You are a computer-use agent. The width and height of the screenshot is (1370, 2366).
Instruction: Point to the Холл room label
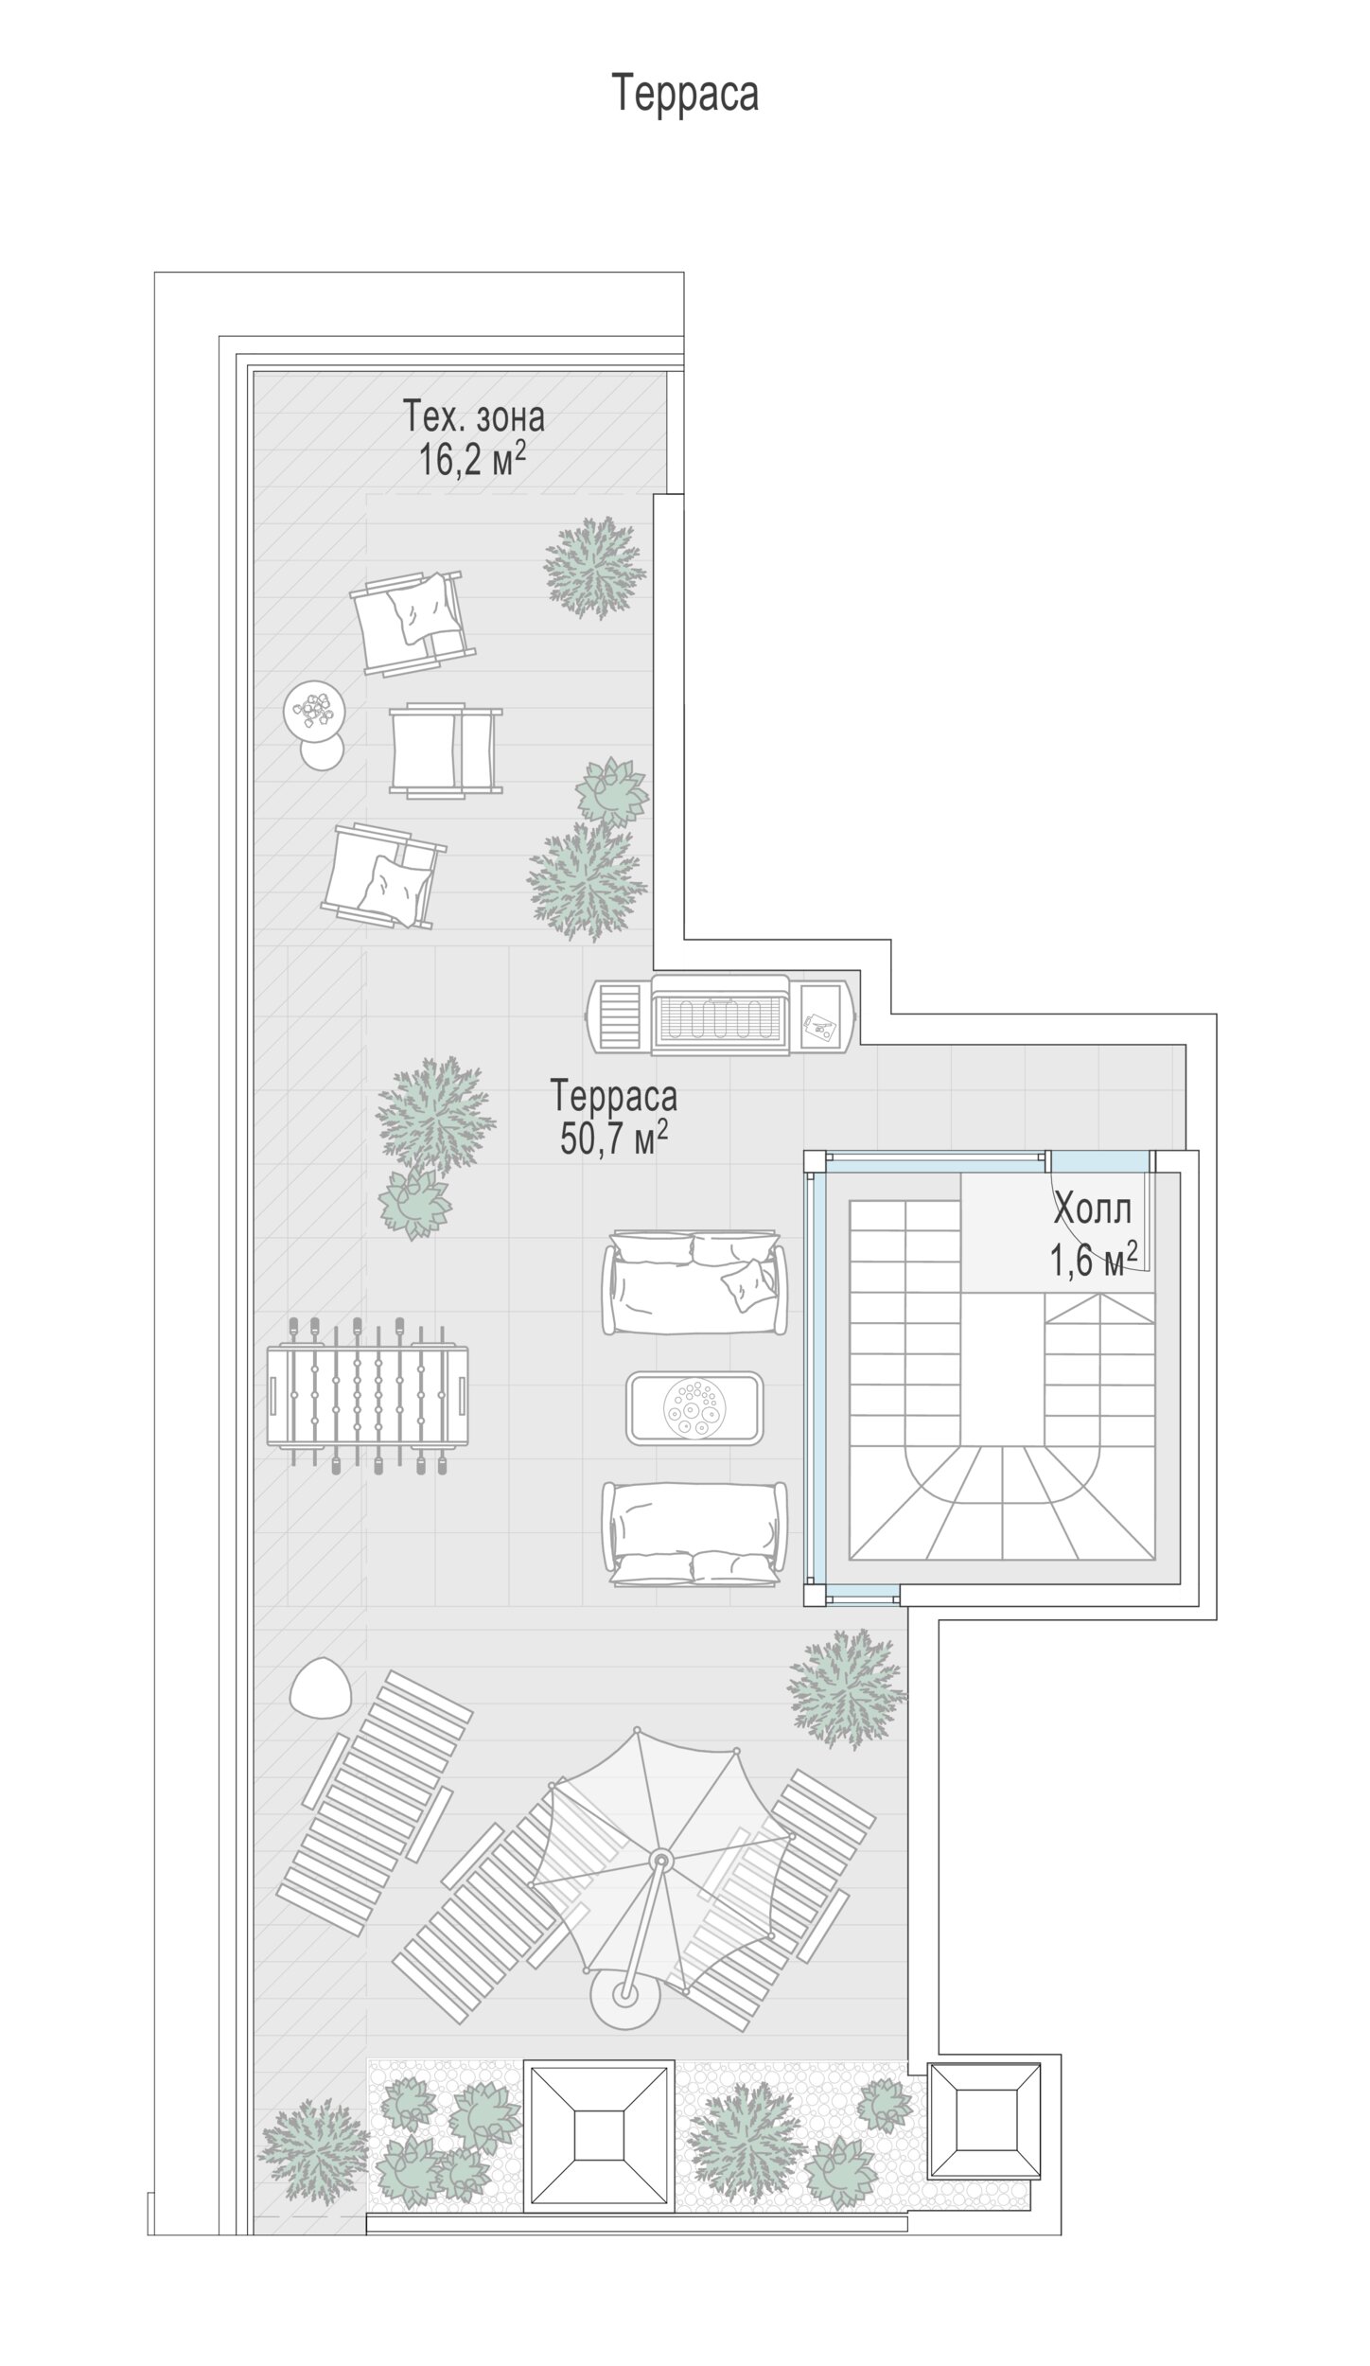click(x=1093, y=1209)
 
